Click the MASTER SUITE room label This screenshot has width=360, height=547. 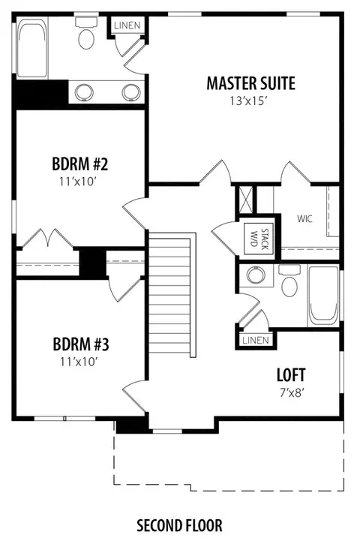[250, 83]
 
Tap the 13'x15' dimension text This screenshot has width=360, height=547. [248, 101]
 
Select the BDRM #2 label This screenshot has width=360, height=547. [80, 164]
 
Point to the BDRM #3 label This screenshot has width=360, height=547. [81, 344]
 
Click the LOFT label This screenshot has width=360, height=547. [291, 375]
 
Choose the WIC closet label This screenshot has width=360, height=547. [304, 219]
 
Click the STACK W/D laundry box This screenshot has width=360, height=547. [259, 239]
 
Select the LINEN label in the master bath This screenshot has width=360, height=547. [127, 26]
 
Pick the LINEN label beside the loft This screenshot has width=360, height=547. [256, 340]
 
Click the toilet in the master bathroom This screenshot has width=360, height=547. [86, 35]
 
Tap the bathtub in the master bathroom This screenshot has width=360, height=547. [32, 48]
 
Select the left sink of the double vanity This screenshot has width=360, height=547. [85, 92]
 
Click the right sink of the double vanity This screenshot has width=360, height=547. [131, 92]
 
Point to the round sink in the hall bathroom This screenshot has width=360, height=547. [256, 275]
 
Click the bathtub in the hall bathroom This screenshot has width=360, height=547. [323, 296]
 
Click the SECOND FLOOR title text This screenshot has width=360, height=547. [179, 525]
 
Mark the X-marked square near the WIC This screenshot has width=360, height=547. [246, 199]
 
